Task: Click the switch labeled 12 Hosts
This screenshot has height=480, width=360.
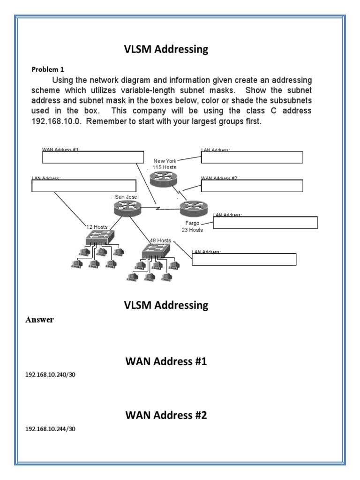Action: tap(99, 238)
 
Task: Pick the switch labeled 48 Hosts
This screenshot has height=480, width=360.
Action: tap(156, 251)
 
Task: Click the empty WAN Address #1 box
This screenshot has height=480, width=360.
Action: tap(93, 157)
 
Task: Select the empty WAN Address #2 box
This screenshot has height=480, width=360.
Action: tap(252, 186)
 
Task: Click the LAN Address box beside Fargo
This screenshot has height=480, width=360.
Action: tap(265, 222)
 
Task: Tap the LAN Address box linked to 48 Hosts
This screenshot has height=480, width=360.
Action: tap(244, 259)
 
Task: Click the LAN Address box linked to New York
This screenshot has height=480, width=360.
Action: tap(252, 157)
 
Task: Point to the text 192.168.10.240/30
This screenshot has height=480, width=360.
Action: tap(50, 375)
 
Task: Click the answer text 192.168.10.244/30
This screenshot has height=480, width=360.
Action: tap(50, 429)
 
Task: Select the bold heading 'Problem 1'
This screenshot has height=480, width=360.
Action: tap(47, 69)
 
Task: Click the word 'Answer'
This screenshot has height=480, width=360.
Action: tap(39, 320)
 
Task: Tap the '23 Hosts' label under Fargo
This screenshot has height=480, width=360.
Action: tap(192, 230)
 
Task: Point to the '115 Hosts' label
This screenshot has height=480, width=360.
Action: tap(165, 167)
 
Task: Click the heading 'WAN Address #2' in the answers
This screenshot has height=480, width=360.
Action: tap(166, 415)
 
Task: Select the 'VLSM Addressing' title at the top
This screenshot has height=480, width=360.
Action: tap(166, 49)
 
